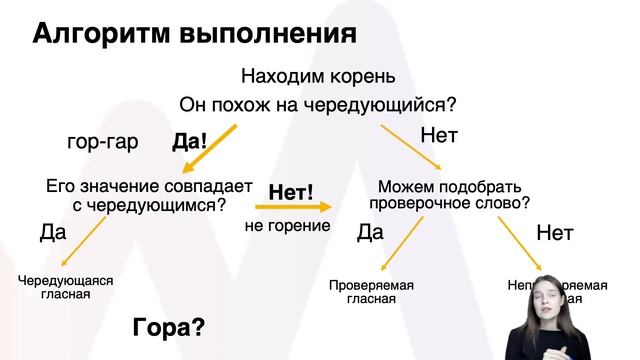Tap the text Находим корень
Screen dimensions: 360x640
tap(319, 76)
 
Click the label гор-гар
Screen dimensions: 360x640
tap(102, 141)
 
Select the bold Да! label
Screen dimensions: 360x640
tap(189, 141)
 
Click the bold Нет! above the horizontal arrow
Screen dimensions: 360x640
tap(291, 190)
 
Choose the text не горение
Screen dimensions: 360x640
tap(287, 226)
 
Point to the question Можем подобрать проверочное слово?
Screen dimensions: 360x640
tap(449, 194)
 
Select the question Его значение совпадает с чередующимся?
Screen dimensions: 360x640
tap(136, 194)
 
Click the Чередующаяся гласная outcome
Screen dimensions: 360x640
tap(66, 287)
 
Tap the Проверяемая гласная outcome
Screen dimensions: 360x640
tap(371, 292)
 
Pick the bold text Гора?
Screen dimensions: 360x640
tap(169, 326)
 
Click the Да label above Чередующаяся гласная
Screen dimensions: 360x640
tap(52, 233)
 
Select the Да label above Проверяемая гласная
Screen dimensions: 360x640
tap(370, 233)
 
